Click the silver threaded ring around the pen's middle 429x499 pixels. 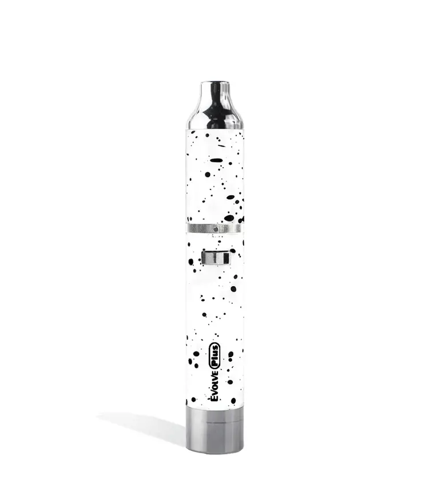click(x=214, y=229)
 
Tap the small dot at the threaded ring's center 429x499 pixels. click(x=214, y=229)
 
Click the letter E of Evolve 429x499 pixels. click(x=215, y=396)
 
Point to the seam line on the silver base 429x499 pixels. click(x=214, y=424)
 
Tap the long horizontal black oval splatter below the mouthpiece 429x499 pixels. click(x=216, y=160)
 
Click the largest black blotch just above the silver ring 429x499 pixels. click(x=229, y=218)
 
